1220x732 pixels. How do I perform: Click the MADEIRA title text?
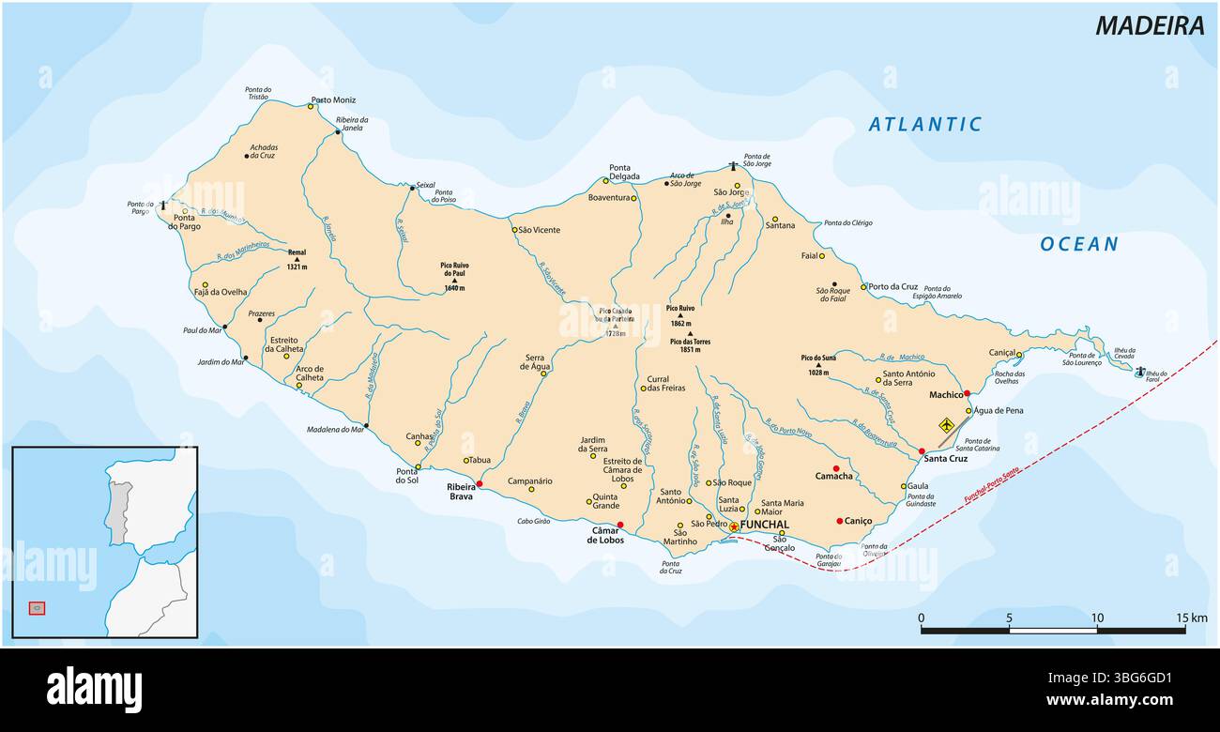pyautogui.click(x=1150, y=25)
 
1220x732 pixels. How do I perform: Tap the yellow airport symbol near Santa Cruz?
pyautogui.click(x=946, y=426)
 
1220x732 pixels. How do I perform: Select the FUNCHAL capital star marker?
pyautogui.click(x=733, y=526)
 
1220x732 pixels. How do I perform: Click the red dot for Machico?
pyautogui.click(x=967, y=394)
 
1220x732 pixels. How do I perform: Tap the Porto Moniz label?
pyautogui.click(x=333, y=99)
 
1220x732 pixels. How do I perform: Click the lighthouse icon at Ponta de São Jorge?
pyautogui.click(x=734, y=166)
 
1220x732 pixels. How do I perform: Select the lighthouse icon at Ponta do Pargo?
pyautogui.click(x=163, y=205)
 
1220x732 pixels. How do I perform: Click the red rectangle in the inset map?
pyautogui.click(x=37, y=608)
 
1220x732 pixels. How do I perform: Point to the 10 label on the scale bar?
pyautogui.click(x=1097, y=617)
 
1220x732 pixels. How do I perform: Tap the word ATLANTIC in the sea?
pyautogui.click(x=924, y=124)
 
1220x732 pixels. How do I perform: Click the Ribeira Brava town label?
pyautogui.click(x=461, y=492)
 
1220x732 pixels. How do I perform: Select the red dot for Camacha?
pyautogui.click(x=835, y=467)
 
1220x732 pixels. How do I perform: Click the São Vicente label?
pyautogui.click(x=539, y=229)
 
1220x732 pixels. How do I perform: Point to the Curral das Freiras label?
pyautogui.click(x=665, y=383)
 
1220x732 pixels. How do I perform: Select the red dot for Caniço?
pyautogui.click(x=839, y=521)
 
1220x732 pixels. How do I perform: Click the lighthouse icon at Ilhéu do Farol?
pyautogui.click(x=1139, y=372)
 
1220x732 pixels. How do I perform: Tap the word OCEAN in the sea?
pyautogui.click(x=1078, y=244)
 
